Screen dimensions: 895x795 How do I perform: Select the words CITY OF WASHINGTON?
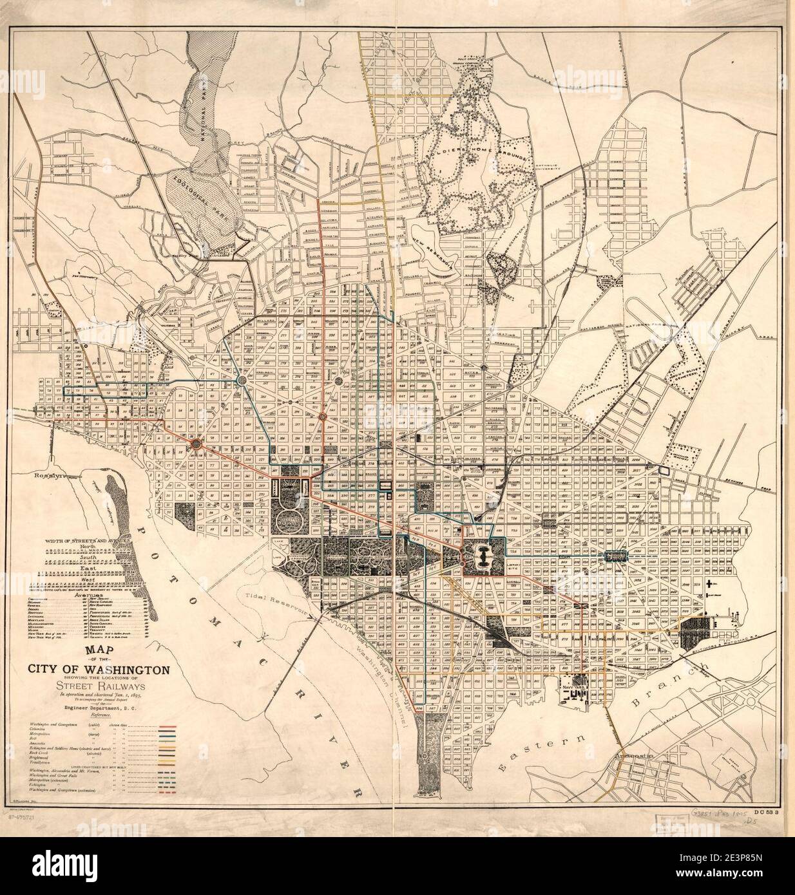99,669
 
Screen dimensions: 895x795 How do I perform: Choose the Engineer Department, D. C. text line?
99,708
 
